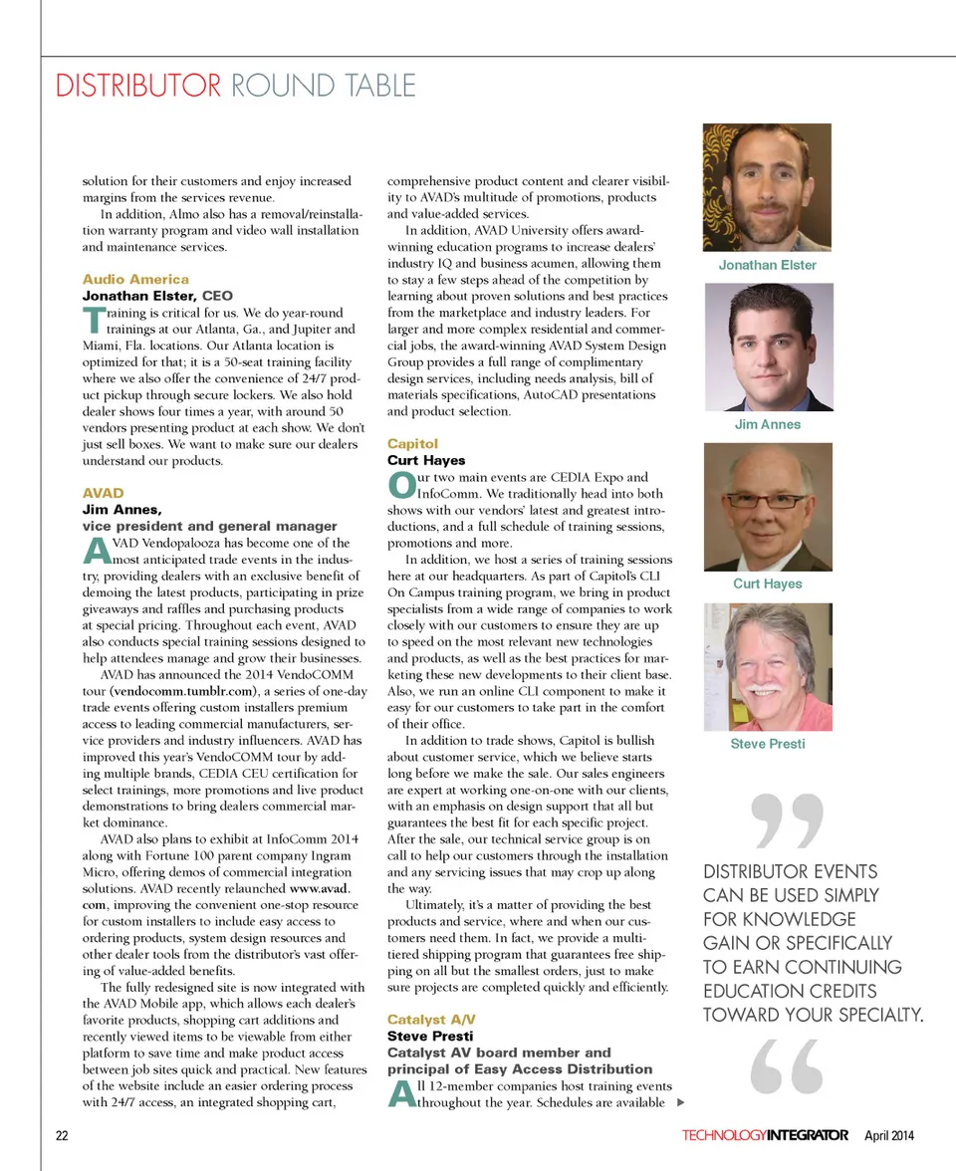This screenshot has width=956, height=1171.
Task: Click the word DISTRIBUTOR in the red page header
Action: pos(138,86)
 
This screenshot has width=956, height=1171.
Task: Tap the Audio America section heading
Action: pos(135,279)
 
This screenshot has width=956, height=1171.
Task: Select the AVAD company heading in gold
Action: pos(103,493)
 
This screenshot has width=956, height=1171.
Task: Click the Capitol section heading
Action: pos(412,443)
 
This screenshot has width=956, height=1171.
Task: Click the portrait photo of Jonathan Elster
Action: pos(767,187)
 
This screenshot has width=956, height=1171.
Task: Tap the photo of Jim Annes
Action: pos(767,348)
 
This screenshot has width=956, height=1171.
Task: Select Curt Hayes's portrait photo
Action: pos(767,507)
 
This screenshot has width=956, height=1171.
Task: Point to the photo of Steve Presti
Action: pos(767,666)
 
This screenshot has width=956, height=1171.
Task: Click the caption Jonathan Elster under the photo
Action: pos(767,265)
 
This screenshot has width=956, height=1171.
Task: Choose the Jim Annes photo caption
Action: pos(767,424)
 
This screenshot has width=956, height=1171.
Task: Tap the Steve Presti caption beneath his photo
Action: pos(767,744)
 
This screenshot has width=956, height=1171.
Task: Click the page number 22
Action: pos(62,1135)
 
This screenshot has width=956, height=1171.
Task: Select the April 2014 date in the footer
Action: pos(888,1135)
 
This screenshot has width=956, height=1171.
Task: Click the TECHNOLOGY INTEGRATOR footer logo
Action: pos(765,1135)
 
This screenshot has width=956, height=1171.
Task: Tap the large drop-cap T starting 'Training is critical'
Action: pos(91,321)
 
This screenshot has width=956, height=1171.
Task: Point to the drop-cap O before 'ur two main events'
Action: pos(400,485)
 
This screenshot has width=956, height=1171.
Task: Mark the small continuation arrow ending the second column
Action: pos(680,1102)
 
